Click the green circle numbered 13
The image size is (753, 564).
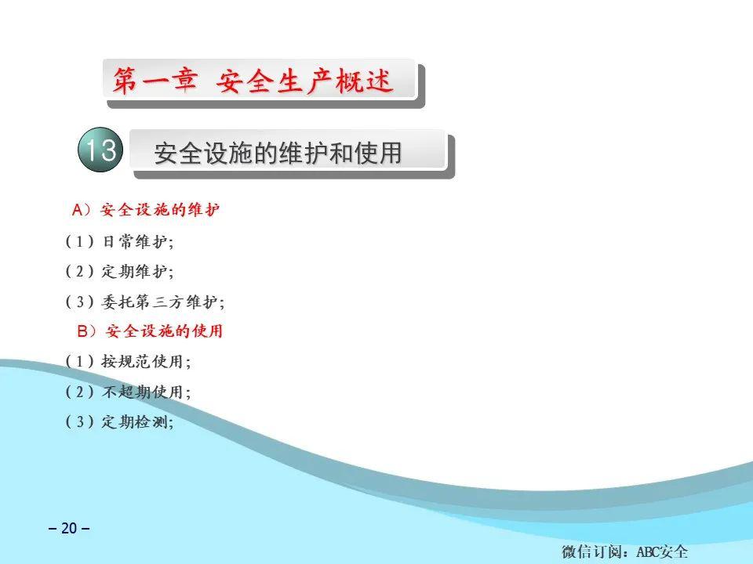pyautogui.click(x=100, y=150)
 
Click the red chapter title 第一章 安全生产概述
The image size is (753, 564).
pyautogui.click(x=253, y=80)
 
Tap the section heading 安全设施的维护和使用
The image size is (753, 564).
pyautogui.click(x=278, y=153)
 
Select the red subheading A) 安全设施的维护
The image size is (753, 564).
pyautogui.click(x=146, y=210)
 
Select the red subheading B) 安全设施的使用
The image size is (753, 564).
pyautogui.click(x=150, y=331)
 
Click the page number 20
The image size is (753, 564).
pyautogui.click(x=69, y=528)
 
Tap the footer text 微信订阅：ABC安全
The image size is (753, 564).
pyautogui.click(x=625, y=552)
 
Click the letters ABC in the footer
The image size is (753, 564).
pyautogui.click(x=648, y=552)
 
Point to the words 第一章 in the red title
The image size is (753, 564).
pyautogui.click(x=155, y=80)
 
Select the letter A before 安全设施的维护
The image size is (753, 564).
pyautogui.click(x=78, y=210)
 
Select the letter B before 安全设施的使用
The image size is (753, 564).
pyautogui.click(x=82, y=331)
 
